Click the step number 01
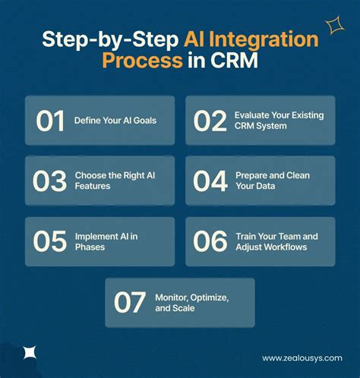(50, 121)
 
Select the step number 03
(50, 181)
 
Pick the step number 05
(50, 241)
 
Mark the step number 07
(130, 302)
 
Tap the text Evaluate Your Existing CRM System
(277, 121)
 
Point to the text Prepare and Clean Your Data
(273, 181)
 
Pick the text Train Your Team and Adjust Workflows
(277, 241)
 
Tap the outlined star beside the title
(334, 27)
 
